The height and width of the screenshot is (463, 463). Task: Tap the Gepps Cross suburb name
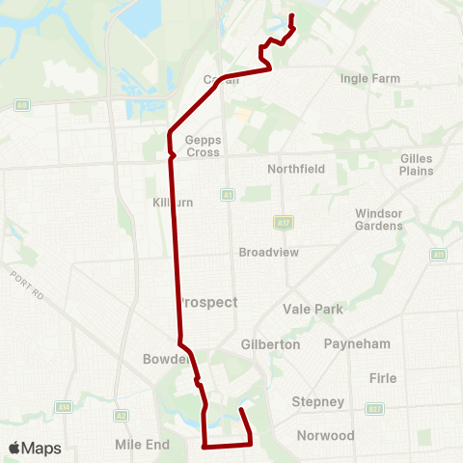coord(204,146)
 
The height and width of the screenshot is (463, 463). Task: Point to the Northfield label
coord(296,169)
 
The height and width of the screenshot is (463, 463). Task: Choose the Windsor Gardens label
coord(378,219)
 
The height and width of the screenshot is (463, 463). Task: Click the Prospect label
coord(208,302)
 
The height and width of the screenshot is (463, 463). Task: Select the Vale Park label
coord(313,310)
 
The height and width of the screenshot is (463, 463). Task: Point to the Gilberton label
coord(270,343)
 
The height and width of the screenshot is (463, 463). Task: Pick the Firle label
coord(383,378)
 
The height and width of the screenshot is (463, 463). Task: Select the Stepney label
coord(317,401)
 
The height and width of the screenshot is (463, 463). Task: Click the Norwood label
coord(325,435)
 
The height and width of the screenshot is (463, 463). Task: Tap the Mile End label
coord(142,445)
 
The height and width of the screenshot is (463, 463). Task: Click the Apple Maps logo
coord(35,448)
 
